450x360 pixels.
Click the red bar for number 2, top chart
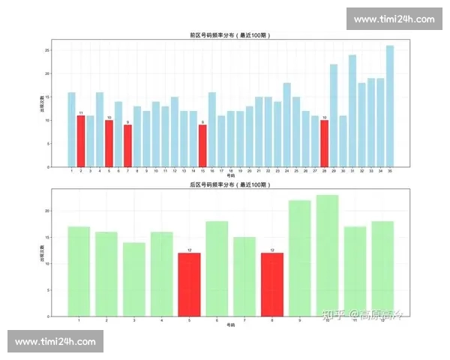click(81, 141)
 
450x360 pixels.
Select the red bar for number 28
click(325, 143)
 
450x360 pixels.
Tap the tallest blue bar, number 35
click(390, 106)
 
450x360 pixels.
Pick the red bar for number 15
click(202, 145)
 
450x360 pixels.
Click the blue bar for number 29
click(334, 115)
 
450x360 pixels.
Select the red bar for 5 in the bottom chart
click(189, 284)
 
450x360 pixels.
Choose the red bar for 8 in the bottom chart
click(272, 284)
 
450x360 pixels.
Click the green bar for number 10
click(328, 255)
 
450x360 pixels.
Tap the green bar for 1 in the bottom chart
click(79, 271)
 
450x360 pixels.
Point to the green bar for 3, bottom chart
click(134, 279)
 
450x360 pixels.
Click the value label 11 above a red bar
click(81, 112)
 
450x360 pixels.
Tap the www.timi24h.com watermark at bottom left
click(55, 341)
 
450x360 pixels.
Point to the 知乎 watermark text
click(331, 314)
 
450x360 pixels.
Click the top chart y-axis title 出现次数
click(41, 105)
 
